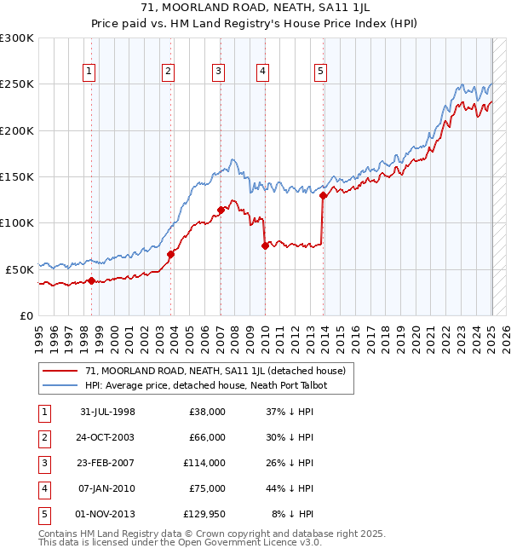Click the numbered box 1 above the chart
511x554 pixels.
(89, 72)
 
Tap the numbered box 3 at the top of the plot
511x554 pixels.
(219, 72)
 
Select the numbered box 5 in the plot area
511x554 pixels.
(320, 72)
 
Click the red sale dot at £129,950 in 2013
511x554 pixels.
(324, 195)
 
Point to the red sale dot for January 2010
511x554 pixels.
(265, 245)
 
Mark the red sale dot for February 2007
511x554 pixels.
(221, 210)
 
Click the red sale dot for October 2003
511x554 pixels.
(171, 254)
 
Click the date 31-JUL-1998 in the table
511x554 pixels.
(107, 412)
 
